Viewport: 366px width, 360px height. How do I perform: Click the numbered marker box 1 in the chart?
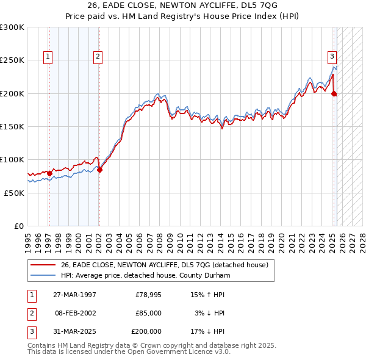(x=48, y=57)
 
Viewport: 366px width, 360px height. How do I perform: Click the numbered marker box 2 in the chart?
(x=98, y=57)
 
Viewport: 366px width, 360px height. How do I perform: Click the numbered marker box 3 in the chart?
(x=332, y=57)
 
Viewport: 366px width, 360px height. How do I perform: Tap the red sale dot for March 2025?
(x=334, y=93)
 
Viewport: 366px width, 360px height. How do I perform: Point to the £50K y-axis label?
(x=13, y=192)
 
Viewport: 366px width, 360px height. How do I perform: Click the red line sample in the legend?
(x=44, y=265)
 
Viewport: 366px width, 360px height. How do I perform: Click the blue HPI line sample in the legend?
(x=44, y=275)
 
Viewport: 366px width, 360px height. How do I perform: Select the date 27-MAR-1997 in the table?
(x=74, y=295)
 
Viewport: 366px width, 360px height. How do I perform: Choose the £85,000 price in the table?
(x=148, y=313)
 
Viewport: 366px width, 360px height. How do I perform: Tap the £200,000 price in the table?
(x=146, y=331)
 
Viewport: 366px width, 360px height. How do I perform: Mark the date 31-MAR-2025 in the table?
(x=74, y=331)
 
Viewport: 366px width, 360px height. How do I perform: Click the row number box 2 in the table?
(x=31, y=313)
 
